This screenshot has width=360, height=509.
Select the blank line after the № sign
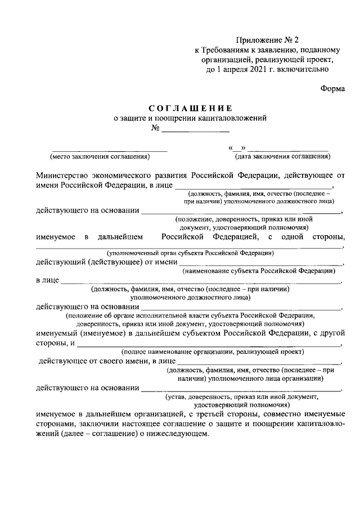(195, 130)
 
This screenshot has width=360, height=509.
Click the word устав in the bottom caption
(188, 396)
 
